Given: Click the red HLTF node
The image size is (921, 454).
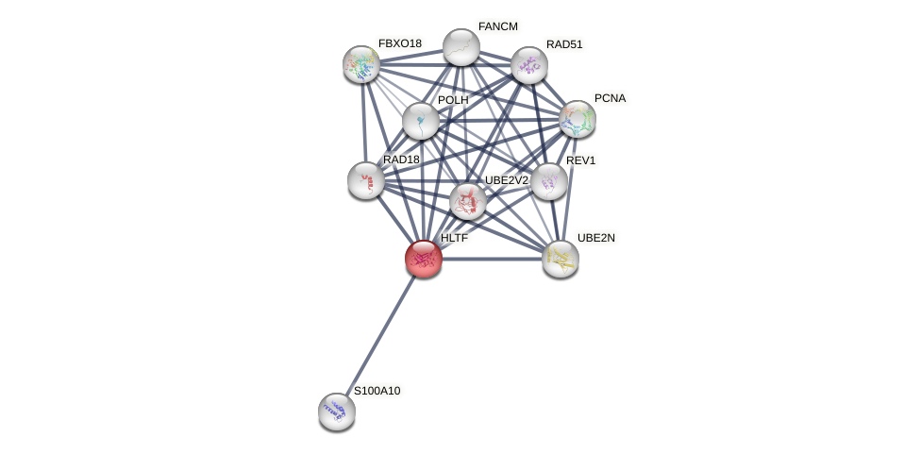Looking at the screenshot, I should (424, 259).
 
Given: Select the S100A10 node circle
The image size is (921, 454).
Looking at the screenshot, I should (337, 411).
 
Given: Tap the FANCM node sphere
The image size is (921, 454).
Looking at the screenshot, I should (461, 47).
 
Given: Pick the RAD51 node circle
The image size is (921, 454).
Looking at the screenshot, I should (529, 65).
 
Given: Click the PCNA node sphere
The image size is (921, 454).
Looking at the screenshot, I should (578, 119).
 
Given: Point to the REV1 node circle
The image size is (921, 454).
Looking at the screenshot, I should (549, 181).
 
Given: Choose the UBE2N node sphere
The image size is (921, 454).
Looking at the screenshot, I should (561, 259).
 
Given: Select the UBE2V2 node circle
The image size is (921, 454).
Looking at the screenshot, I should (467, 201).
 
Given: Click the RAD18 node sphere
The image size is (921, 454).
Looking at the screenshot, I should (365, 180).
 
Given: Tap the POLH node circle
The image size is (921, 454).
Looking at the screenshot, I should (420, 121).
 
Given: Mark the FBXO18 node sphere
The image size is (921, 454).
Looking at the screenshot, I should (361, 64).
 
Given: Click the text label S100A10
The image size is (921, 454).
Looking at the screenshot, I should (377, 391).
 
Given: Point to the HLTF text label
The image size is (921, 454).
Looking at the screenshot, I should (454, 239).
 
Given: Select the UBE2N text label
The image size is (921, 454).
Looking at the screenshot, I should (595, 238).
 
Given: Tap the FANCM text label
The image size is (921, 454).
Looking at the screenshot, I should (497, 26).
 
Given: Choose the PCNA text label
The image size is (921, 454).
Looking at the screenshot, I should (610, 98).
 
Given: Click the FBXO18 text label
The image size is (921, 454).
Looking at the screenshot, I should (400, 43).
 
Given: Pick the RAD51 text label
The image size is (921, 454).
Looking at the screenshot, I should (564, 44).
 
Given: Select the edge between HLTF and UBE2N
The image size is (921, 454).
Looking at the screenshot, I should (492, 259).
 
